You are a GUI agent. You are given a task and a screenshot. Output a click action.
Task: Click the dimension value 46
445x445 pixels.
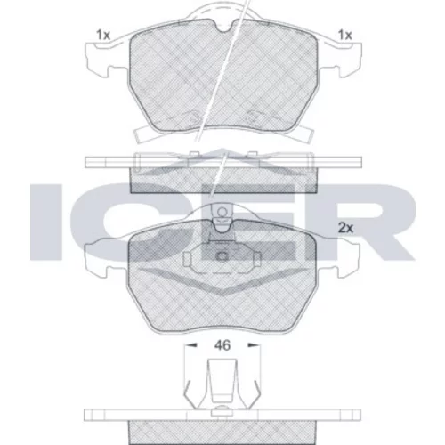point(222,345)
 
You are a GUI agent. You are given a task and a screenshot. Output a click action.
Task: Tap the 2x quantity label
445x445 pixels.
point(346,228)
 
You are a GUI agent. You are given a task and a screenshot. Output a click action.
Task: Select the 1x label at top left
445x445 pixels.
point(103,35)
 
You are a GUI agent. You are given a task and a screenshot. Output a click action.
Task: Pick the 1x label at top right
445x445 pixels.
point(345,35)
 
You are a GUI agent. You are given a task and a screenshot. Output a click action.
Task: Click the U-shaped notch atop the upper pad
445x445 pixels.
point(223,26)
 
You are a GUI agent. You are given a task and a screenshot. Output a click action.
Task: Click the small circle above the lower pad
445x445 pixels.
point(222,212)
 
